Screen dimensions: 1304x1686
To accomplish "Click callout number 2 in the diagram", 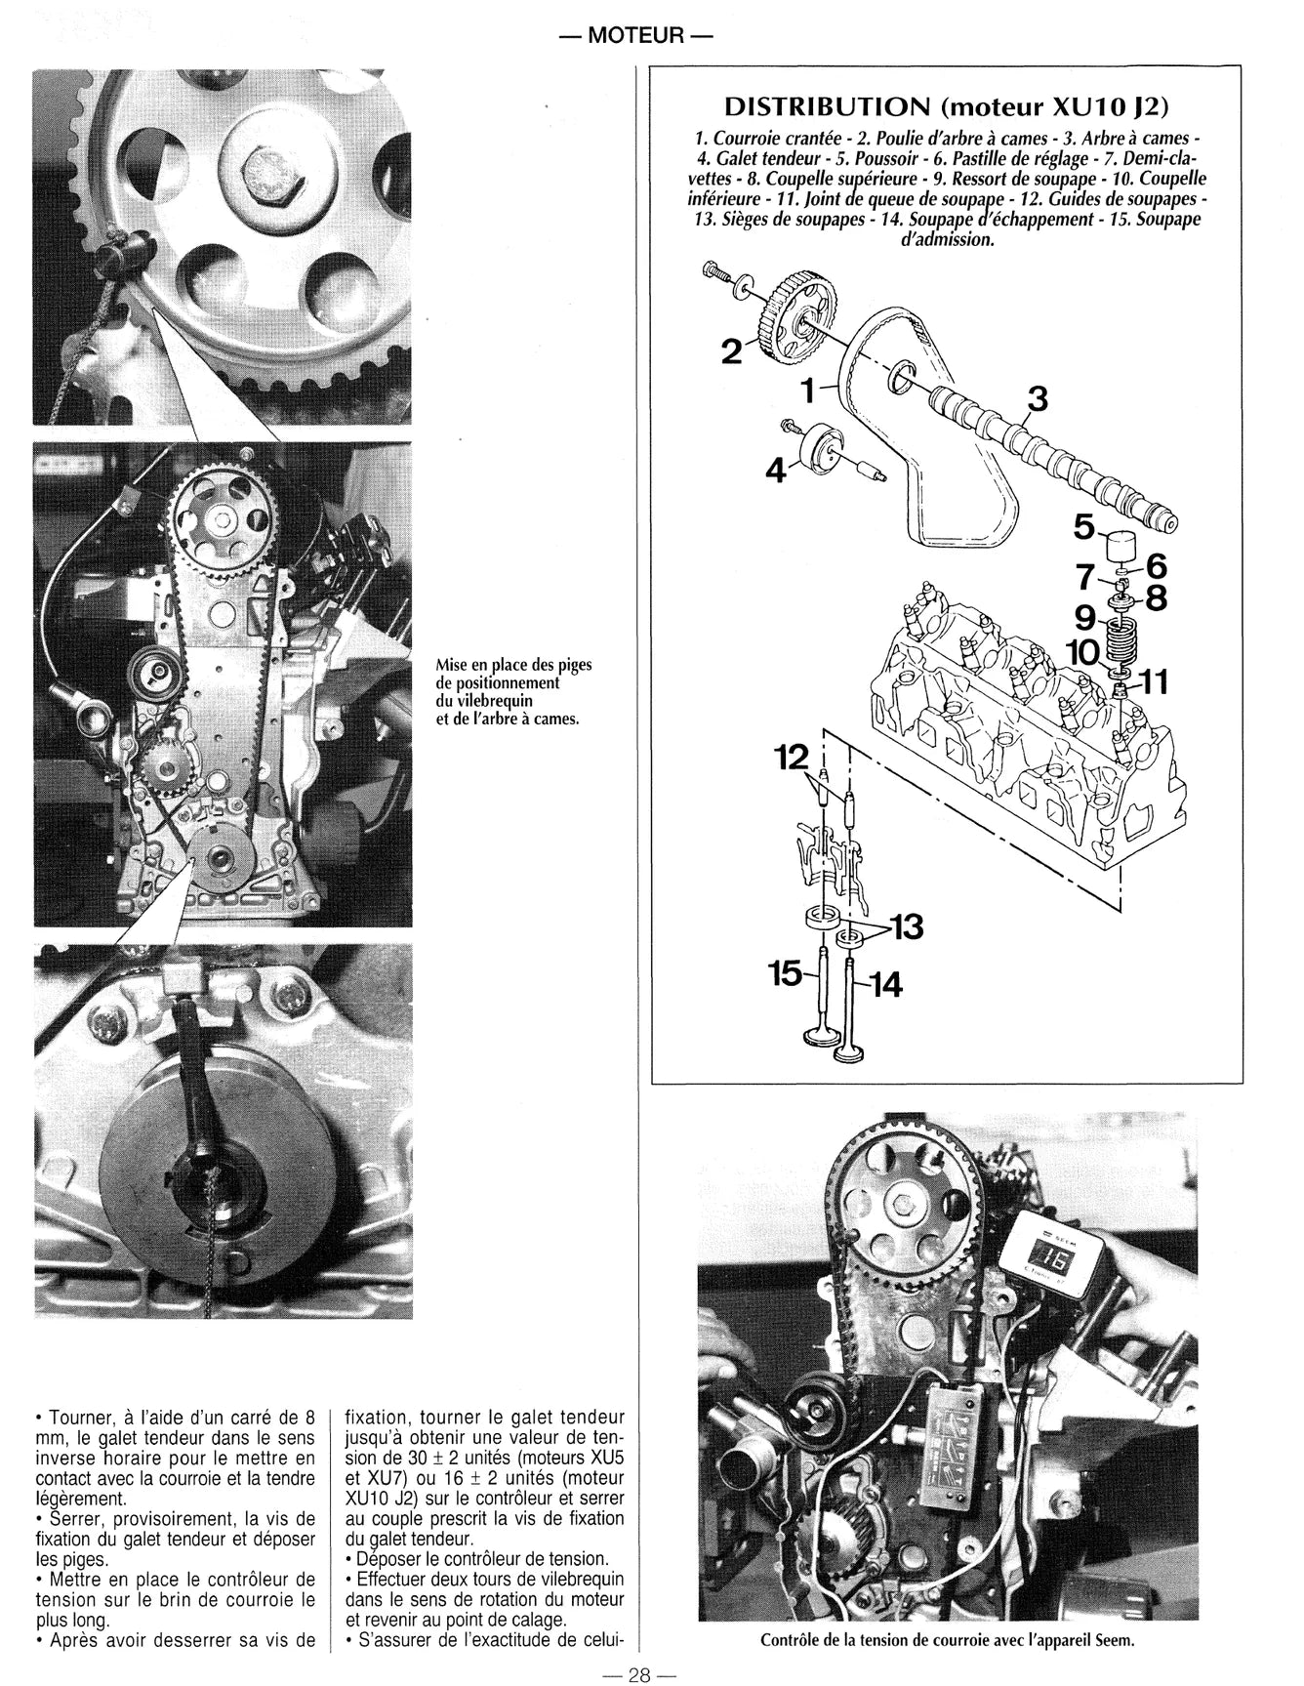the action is pos(730,350).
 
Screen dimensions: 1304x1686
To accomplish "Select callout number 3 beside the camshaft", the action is pos(1037,399).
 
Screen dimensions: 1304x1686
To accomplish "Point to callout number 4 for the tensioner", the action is pos(775,472).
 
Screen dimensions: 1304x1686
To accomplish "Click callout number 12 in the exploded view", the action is pos(792,757).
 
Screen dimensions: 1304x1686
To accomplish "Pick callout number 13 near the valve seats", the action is pos(906,926).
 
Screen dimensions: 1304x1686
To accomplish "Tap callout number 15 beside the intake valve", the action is pos(784,973).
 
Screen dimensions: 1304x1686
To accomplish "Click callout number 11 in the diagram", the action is pos(1153,683).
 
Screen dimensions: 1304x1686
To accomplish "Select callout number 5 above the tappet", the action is pos(1084,527).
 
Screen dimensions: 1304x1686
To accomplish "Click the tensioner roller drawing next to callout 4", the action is pos(823,450).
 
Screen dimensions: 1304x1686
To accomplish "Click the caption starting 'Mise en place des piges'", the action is pos(514,692).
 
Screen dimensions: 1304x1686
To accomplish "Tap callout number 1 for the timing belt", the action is pos(807,391).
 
